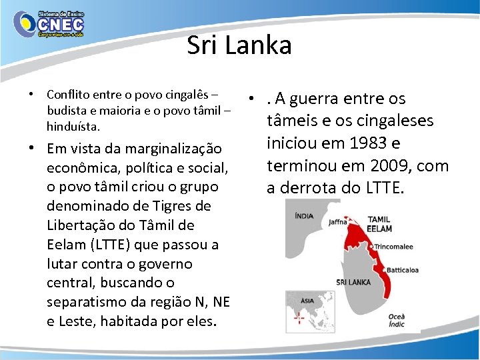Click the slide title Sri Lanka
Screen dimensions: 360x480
coord(239,45)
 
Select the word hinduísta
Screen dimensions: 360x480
coord(73,125)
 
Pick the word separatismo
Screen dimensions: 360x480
coord(83,303)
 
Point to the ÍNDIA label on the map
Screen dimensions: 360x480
coord(305,215)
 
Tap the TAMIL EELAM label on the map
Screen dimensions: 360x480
coord(379,223)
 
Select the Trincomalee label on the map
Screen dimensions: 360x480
coord(393,246)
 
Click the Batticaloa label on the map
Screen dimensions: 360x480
coord(402,270)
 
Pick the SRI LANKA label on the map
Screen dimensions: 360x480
coord(354,282)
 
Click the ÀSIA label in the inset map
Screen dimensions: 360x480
coord(307,301)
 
